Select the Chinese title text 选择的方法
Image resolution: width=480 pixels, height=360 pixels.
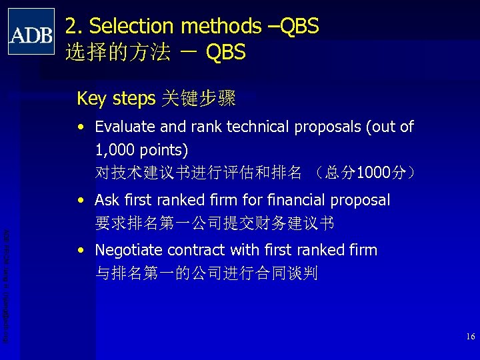[x=117, y=52]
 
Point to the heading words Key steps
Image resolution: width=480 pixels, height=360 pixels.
[x=114, y=99]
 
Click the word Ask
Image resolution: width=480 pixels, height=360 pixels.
[x=107, y=200]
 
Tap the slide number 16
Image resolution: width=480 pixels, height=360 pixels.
[x=470, y=337]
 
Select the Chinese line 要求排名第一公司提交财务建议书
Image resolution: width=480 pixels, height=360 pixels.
[x=215, y=223]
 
